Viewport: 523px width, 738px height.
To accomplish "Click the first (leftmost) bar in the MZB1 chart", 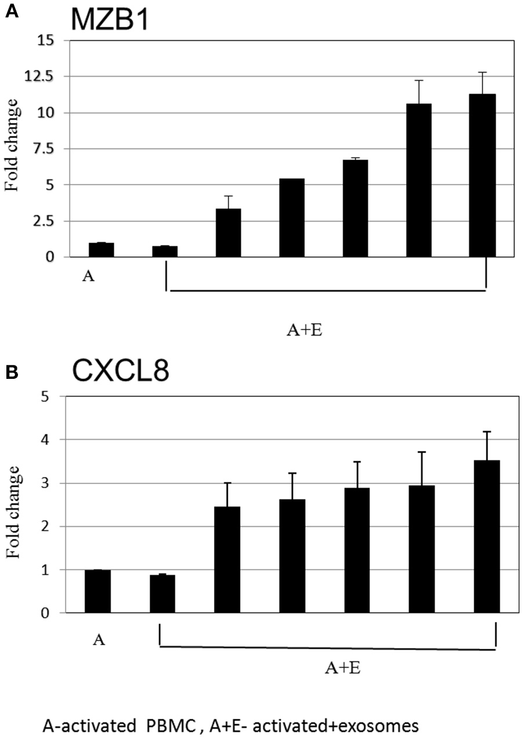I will click(x=101, y=250).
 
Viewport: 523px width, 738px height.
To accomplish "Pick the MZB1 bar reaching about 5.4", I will click(x=292, y=218).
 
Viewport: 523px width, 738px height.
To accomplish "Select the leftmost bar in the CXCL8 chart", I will click(x=97, y=591).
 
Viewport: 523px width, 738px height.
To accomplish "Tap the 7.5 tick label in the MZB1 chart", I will click(x=48, y=149).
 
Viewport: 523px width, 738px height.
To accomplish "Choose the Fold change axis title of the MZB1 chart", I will click(x=13, y=148).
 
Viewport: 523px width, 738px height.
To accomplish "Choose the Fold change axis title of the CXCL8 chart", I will click(x=13, y=511).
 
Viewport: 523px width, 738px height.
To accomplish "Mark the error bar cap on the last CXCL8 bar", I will click(x=486, y=432).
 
